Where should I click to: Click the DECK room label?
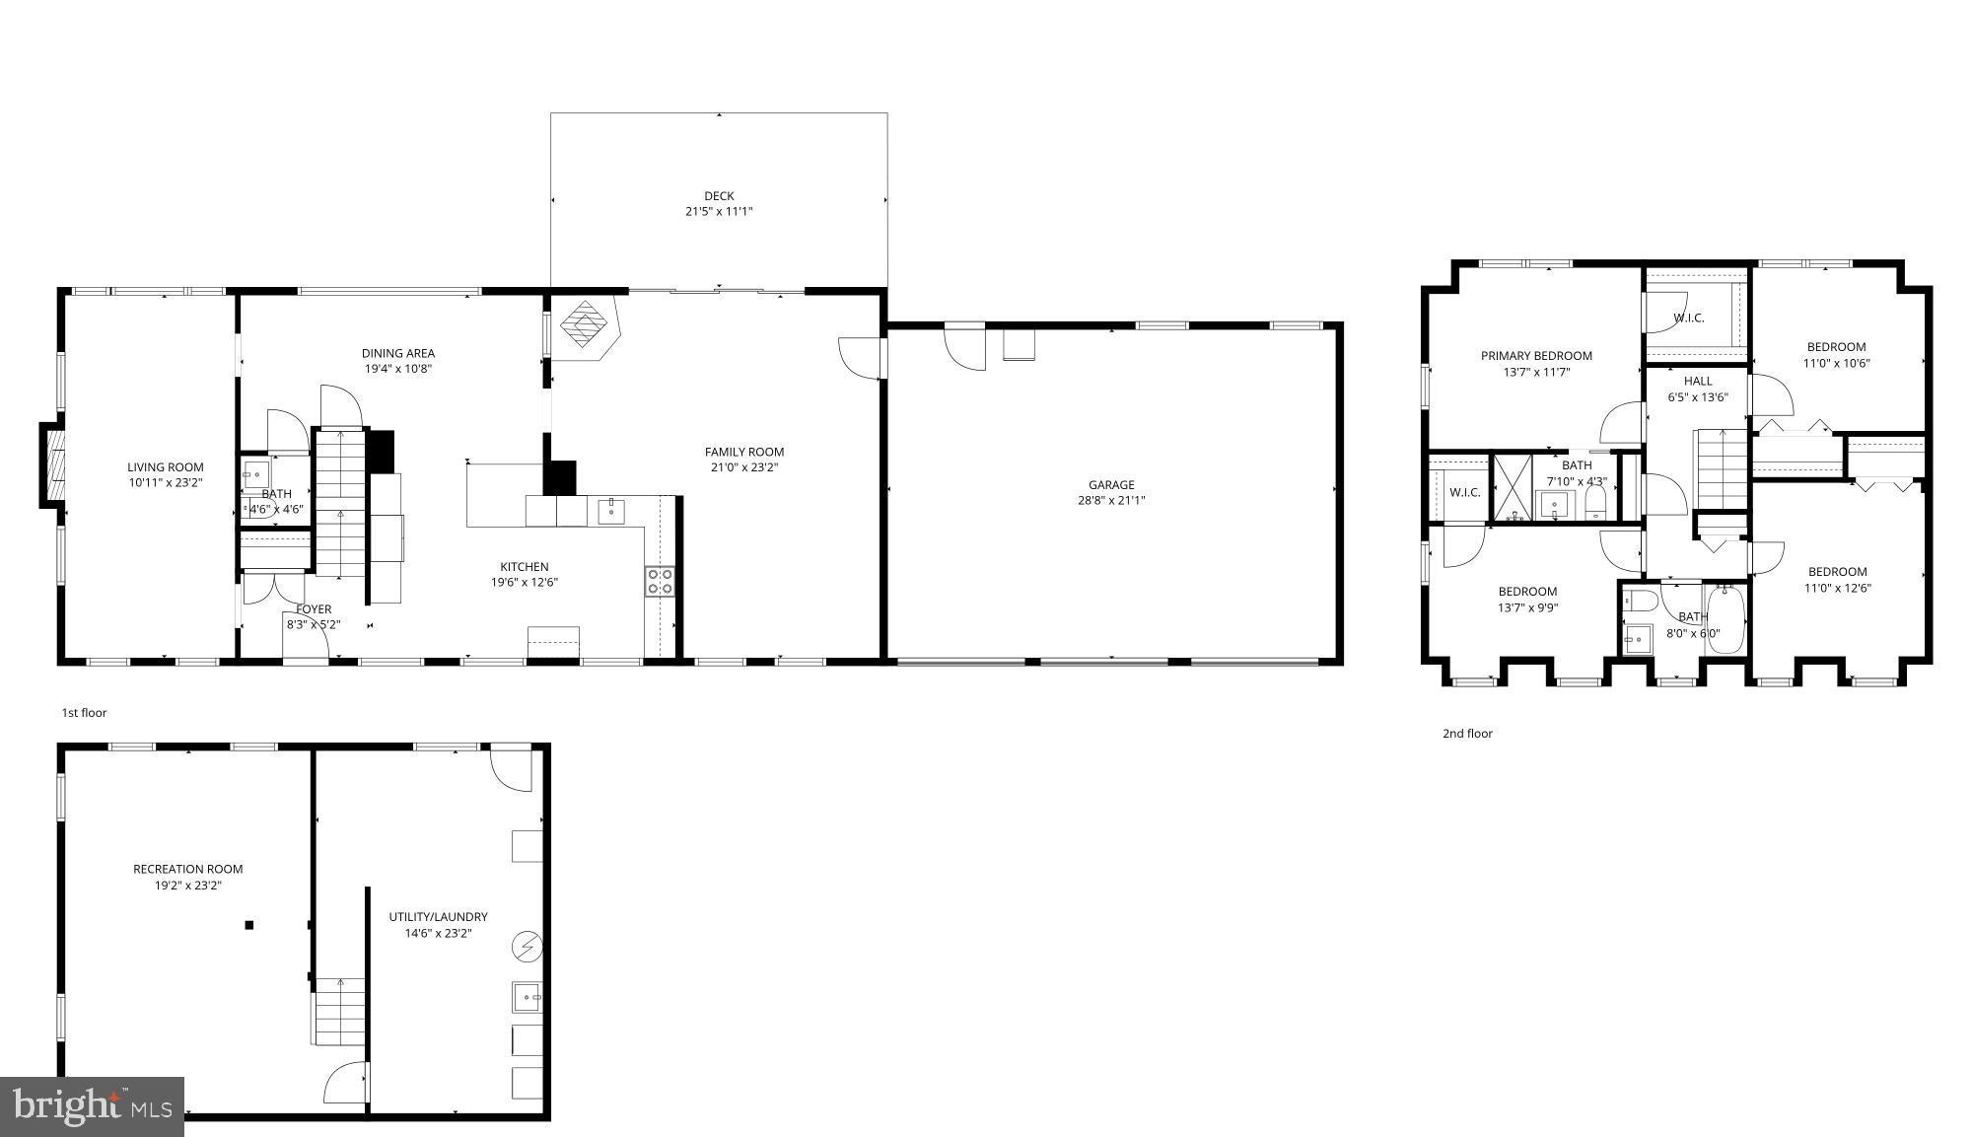pyautogui.click(x=719, y=196)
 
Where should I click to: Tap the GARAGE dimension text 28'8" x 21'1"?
pyautogui.click(x=1111, y=500)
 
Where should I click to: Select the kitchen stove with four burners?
pyautogui.click(x=660, y=581)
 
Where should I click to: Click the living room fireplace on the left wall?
pyautogui.click(x=53, y=464)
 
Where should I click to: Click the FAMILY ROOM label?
pyautogui.click(x=744, y=452)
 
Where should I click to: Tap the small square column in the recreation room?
pyautogui.click(x=249, y=925)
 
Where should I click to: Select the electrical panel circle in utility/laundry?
pyautogui.click(x=527, y=947)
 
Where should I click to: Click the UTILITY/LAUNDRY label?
pyautogui.click(x=438, y=917)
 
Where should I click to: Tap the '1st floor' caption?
pyautogui.click(x=84, y=712)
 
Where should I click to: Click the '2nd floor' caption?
pyautogui.click(x=1467, y=733)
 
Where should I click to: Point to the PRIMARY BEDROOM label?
pyautogui.click(x=1536, y=356)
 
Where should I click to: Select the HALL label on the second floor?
pyautogui.click(x=1698, y=381)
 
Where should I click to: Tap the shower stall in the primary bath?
pyautogui.click(x=1512, y=488)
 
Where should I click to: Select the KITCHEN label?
pyautogui.click(x=525, y=566)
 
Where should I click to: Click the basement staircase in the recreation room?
pyautogui.click(x=340, y=1011)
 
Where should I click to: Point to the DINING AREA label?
pyautogui.click(x=398, y=353)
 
